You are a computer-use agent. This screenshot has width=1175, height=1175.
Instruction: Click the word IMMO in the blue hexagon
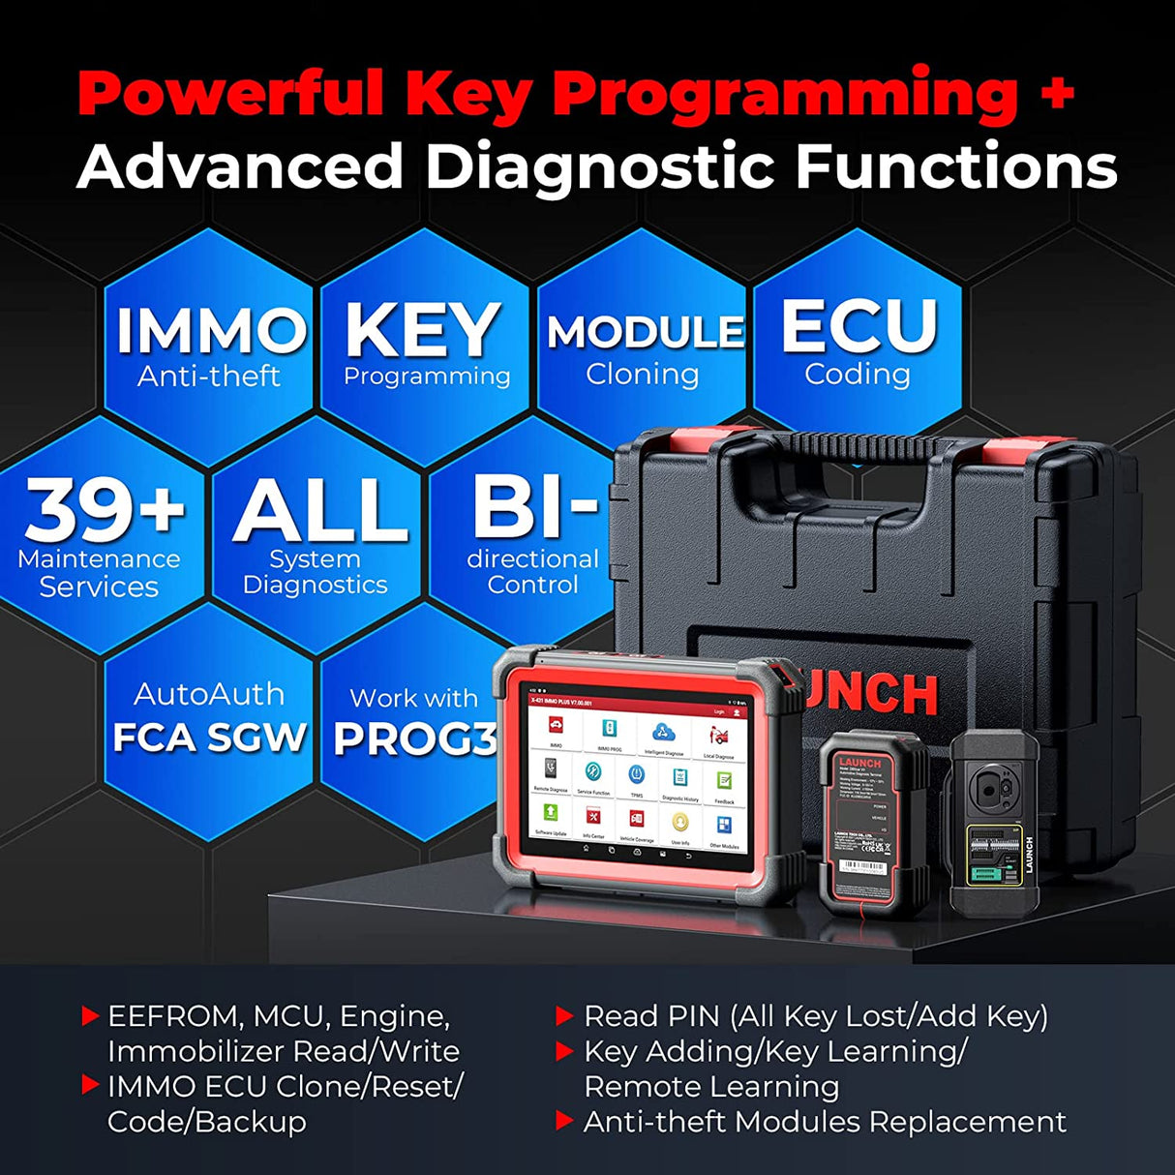tap(210, 332)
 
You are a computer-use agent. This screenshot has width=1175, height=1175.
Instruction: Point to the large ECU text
tap(859, 326)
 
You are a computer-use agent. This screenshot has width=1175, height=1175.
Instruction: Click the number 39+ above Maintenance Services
tap(105, 511)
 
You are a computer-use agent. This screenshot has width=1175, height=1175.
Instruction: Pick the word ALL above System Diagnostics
tap(320, 511)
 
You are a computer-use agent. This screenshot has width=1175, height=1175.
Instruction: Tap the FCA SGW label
tap(210, 738)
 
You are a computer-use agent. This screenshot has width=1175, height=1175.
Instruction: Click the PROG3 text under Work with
tap(414, 739)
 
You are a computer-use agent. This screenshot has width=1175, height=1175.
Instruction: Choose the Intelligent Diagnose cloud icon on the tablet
tap(663, 733)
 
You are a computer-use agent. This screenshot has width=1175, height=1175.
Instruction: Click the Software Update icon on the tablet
tap(551, 813)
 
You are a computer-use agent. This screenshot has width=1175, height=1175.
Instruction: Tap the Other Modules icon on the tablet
tap(723, 826)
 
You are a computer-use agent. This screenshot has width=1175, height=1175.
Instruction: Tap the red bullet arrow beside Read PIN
tap(564, 1015)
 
